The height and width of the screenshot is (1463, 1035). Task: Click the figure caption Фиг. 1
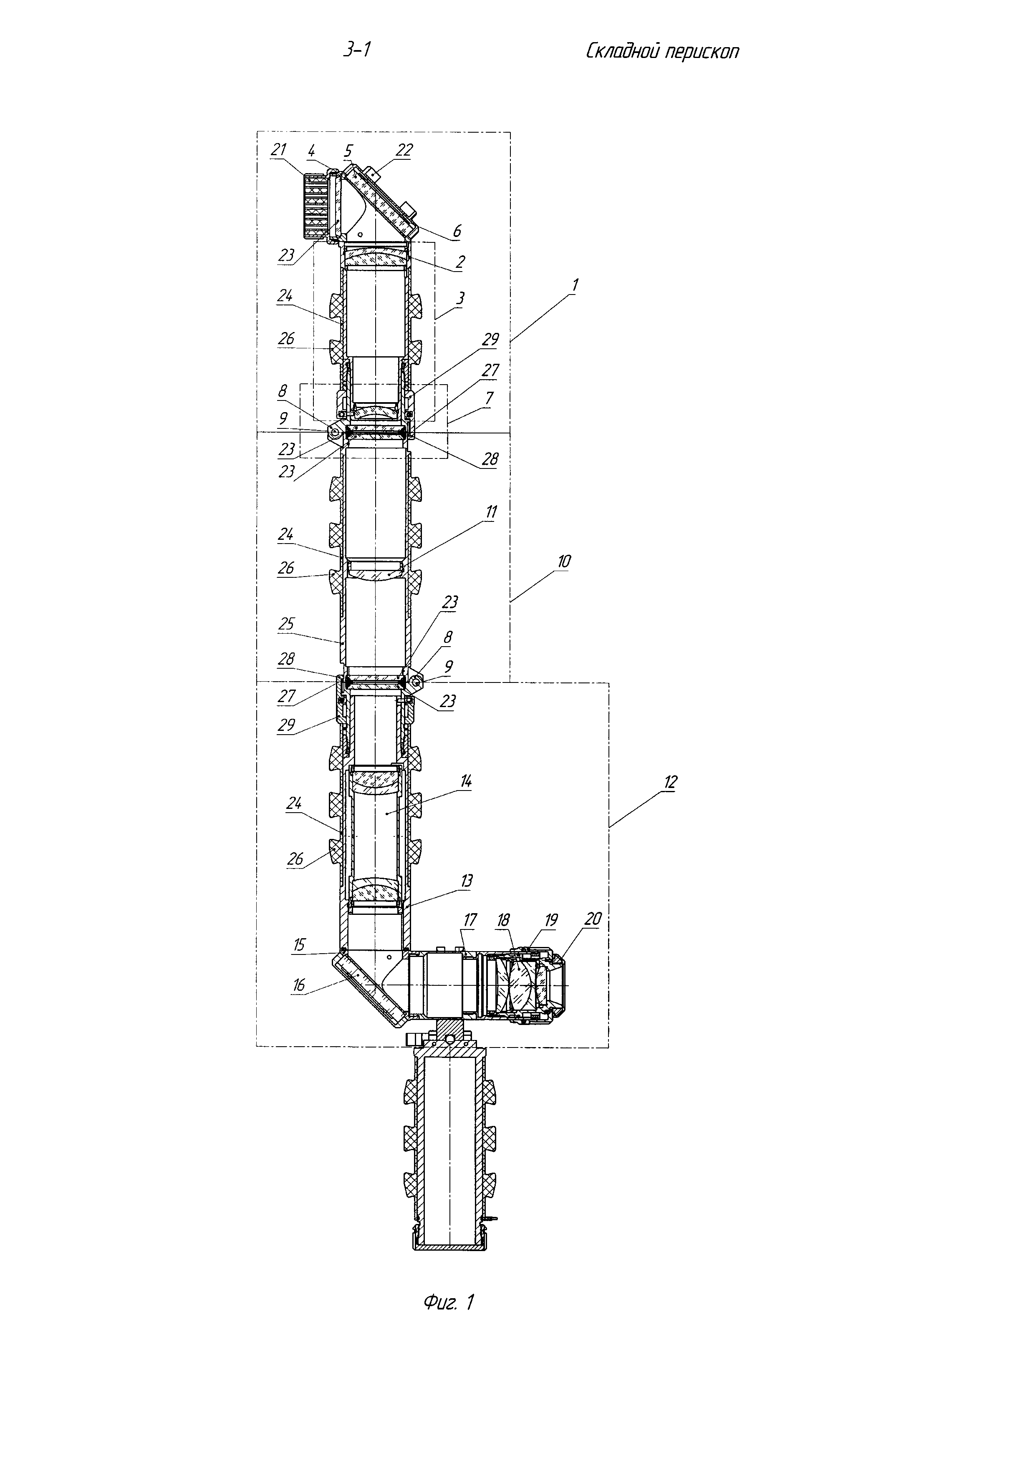click(x=449, y=1302)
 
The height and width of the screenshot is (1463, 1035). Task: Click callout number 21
click(x=278, y=150)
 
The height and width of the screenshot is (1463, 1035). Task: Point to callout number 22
click(x=404, y=150)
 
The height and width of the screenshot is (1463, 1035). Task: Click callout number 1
click(x=574, y=286)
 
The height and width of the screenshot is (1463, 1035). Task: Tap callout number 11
click(x=491, y=512)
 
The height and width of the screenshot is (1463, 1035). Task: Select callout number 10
click(x=563, y=562)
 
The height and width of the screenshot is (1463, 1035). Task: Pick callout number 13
click(x=467, y=881)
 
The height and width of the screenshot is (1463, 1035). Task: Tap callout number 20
click(x=593, y=919)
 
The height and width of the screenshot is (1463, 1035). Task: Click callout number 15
click(x=299, y=944)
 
